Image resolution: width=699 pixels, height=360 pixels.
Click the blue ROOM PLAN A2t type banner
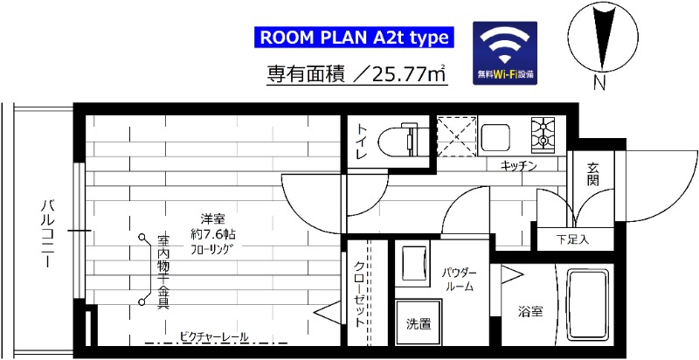(355, 38)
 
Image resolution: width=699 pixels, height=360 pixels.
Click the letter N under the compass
(599, 84)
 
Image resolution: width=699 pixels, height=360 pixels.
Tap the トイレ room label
(361, 141)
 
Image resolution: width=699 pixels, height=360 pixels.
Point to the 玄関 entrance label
(593, 174)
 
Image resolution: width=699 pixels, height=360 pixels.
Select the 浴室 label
(529, 310)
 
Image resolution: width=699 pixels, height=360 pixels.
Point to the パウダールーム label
(458, 279)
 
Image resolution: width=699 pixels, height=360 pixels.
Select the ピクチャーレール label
(214, 336)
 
